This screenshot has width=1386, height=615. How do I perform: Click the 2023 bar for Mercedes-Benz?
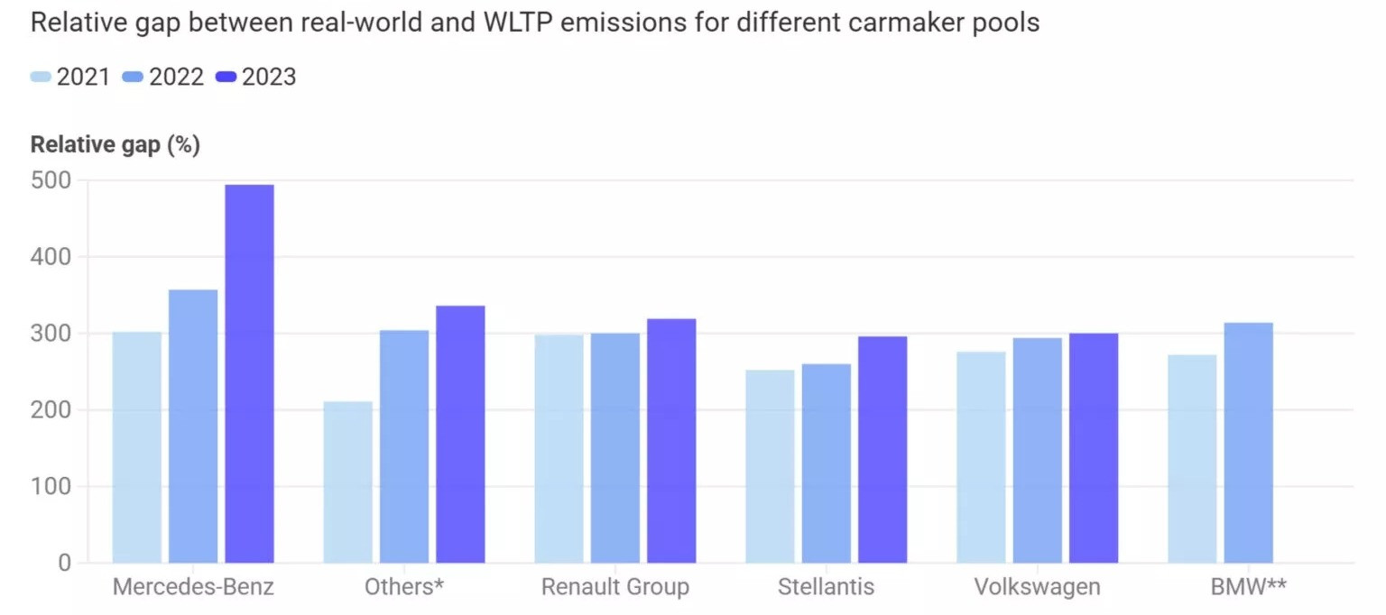click(249, 373)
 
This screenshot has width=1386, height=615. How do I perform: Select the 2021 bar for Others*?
click(347, 482)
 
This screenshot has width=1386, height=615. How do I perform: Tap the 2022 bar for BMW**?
click(1248, 442)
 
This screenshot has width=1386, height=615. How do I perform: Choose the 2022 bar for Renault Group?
click(615, 447)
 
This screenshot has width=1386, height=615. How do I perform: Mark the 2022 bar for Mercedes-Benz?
click(193, 426)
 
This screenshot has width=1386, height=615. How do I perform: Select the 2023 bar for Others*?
click(460, 434)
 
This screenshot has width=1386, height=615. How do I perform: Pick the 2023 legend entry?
click(256, 78)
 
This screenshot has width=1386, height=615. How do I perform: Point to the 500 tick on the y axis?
click(51, 180)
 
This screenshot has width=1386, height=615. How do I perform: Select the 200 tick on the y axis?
click(51, 410)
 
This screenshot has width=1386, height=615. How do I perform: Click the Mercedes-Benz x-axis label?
click(193, 588)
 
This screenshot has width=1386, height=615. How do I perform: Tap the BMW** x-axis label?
click(1248, 588)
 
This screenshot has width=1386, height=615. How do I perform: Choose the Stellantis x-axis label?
click(826, 588)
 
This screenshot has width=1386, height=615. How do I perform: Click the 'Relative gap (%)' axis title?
click(115, 145)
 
